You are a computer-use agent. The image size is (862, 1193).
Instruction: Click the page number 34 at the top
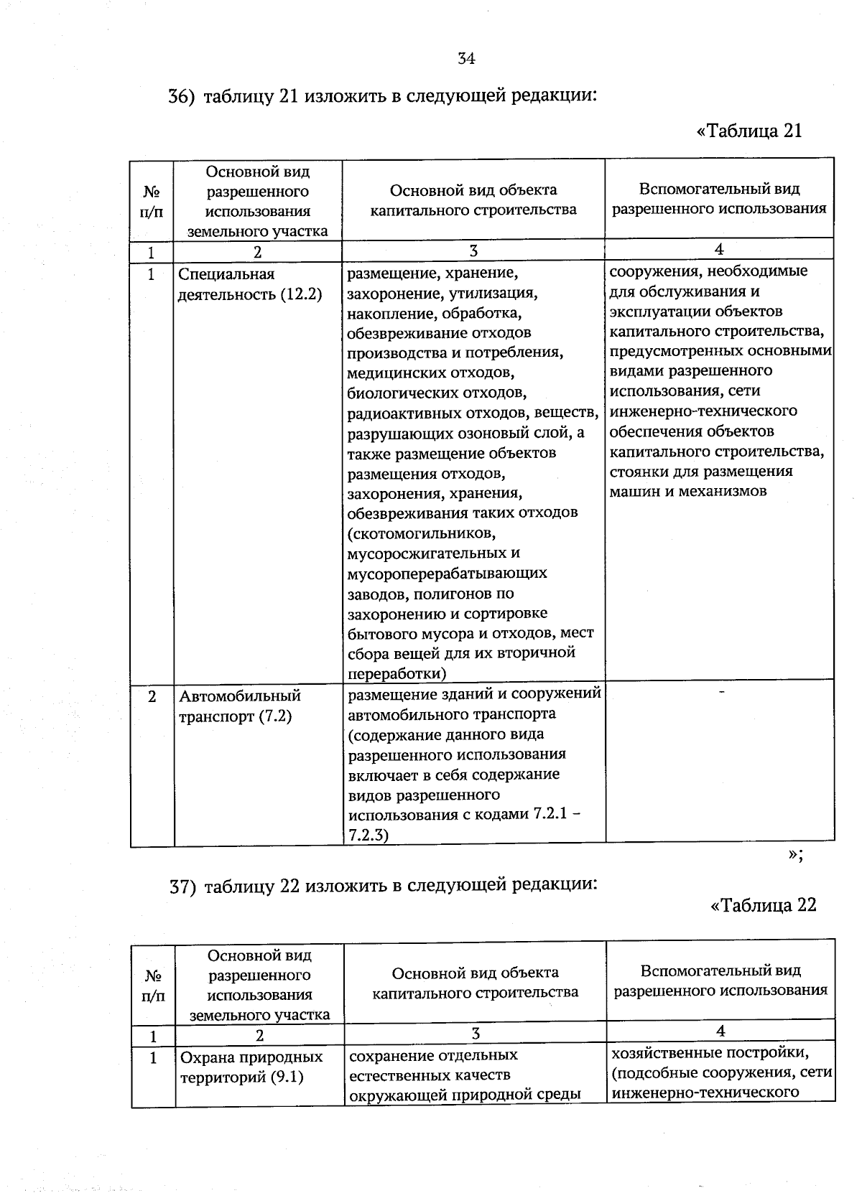tap(466, 59)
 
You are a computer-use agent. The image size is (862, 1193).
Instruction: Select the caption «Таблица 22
tap(763, 904)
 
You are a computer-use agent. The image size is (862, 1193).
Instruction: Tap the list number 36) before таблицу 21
tap(181, 97)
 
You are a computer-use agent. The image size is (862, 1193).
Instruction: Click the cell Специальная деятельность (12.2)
tap(249, 284)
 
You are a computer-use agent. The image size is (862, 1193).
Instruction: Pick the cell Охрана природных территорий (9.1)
tap(251, 1067)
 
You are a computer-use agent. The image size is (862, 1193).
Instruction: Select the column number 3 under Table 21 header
tap(473, 251)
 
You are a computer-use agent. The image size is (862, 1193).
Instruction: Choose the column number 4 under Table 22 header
tap(720, 1031)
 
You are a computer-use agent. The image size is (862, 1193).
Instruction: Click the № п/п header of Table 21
tap(152, 202)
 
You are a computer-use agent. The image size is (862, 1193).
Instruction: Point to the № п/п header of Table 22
tap(153, 986)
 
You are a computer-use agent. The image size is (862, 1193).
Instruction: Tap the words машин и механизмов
tap(687, 492)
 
